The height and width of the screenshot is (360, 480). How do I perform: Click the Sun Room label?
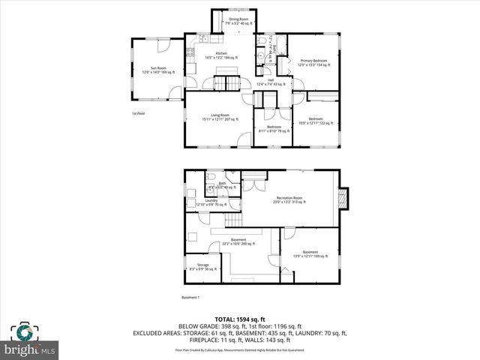pos(158,69)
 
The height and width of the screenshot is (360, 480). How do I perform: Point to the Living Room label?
pos(220,118)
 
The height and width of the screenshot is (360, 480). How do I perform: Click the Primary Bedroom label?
pos(313,62)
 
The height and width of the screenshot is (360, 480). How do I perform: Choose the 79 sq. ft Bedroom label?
pos(274,128)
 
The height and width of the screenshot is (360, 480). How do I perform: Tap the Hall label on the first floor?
pos(271,82)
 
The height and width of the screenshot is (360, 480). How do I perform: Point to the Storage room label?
pos(202,266)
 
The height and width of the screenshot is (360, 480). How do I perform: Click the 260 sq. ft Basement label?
pos(238,241)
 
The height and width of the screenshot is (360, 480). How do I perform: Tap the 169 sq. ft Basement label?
pos(310,253)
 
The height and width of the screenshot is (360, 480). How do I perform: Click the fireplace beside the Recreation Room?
pos(343,197)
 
